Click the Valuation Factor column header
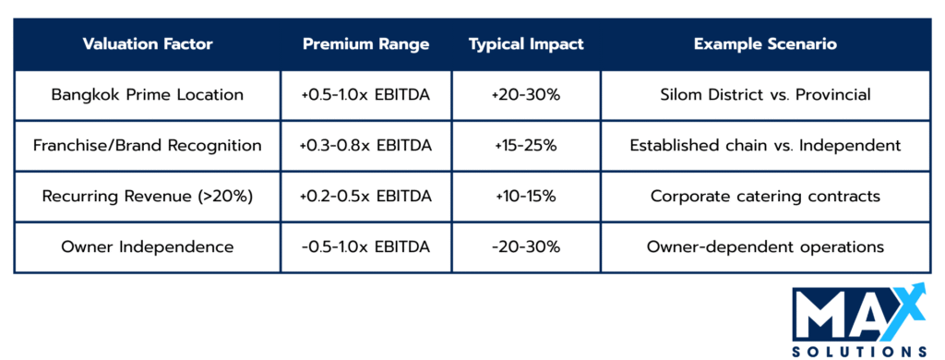[148, 44]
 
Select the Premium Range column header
[365, 44]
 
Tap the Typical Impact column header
[526, 44]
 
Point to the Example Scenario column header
[765, 44]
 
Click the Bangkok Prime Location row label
[148, 95]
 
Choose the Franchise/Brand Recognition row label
[148, 146]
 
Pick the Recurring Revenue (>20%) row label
[148, 197]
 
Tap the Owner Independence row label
[148, 247]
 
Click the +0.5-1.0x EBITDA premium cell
[365, 95]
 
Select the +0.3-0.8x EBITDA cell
[365, 146]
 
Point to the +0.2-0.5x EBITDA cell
[365, 197]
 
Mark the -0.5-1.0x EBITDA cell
[365, 247]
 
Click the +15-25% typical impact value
[526, 146]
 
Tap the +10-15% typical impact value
[526, 197]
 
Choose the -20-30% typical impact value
[526, 247]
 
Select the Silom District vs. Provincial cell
[765, 95]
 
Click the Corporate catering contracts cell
[765, 197]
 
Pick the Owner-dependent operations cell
[765, 247]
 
